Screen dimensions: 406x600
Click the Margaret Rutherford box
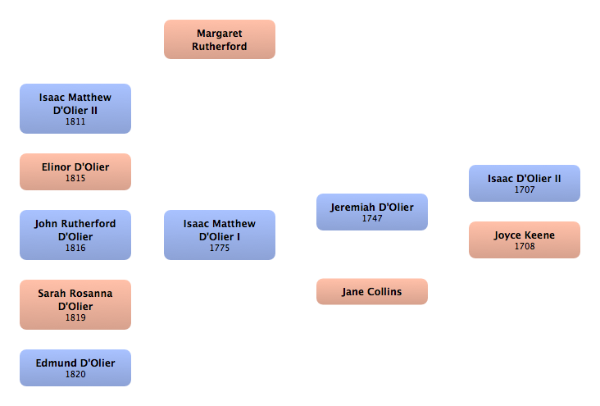[219, 39]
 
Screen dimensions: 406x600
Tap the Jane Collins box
[371, 291]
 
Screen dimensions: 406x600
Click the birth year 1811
[75, 122]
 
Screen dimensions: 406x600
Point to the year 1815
[75, 178]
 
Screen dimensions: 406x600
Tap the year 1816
[75, 248]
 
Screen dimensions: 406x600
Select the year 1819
[75, 317]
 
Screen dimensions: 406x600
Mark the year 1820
[75, 374]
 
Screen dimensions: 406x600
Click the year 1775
[219, 248]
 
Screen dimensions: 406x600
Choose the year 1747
[372, 219]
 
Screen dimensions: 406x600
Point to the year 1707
[525, 189]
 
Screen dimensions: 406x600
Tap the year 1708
[525, 246]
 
